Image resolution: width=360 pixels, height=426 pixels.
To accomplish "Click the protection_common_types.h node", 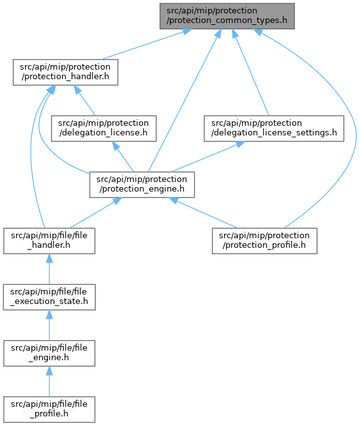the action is click(x=227, y=16).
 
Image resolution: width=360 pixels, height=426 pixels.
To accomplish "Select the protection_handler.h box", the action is click(x=66, y=72).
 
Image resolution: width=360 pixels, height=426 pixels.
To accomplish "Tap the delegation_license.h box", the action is click(x=103, y=128).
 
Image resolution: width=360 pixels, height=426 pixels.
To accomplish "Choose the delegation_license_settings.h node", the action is click(x=274, y=128).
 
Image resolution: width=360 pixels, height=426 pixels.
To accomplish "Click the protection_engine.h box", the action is click(x=142, y=185).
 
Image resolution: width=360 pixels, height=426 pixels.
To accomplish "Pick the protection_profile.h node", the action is click(x=264, y=241).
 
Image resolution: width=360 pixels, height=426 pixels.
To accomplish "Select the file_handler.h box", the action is click(x=49, y=241).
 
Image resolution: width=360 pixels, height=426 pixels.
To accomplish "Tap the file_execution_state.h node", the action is click(x=49, y=297).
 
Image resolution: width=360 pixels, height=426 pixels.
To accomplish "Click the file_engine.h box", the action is click(x=49, y=353).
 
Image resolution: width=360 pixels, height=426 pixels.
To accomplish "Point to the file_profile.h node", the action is click(x=49, y=409).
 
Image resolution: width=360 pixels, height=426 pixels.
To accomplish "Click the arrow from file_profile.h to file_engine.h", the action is click(x=49, y=381).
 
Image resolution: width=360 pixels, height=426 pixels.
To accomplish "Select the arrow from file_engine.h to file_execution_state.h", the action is click(x=49, y=325).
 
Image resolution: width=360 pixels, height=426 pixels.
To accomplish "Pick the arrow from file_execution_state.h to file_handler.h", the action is click(x=49, y=270).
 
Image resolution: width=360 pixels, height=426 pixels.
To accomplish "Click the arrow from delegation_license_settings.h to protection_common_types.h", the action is click(x=250, y=72).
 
